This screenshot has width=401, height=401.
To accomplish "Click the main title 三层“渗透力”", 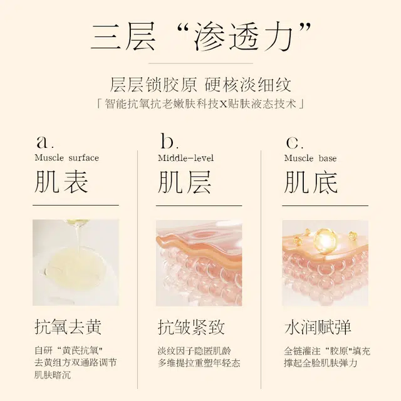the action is point(200,37).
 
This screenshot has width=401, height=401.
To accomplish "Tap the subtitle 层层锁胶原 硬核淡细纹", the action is point(200,85).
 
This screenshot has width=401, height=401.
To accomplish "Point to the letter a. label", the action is point(45,142).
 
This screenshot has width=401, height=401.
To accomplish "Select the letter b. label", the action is point(170,141).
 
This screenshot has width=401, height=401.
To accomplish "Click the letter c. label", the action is point(294,143).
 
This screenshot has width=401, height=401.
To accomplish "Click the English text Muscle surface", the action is point(67,158).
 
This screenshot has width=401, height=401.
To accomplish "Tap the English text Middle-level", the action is point(186,158).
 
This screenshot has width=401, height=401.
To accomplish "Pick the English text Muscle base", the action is point(310,159).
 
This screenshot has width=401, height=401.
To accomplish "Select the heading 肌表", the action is point(61,182).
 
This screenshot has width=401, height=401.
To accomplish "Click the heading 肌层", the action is point(184,182).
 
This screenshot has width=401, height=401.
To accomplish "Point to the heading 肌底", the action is point(311,182).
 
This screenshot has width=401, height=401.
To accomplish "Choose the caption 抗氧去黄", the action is point(68,327).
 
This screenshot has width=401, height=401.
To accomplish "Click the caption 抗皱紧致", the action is point(191,327).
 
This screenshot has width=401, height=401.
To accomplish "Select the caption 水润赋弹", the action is point(318,327).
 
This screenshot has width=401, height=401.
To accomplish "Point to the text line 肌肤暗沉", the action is point(53,375).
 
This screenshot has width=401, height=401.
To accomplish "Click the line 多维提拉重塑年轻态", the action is point(199,363).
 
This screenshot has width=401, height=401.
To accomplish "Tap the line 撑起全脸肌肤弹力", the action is point(321,363).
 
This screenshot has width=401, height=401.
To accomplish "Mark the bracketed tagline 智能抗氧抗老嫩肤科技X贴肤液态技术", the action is point(200,104).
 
